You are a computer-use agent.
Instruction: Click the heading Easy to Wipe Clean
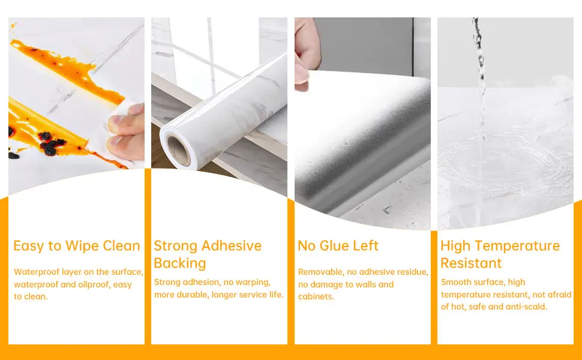pyautogui.click(x=76, y=246)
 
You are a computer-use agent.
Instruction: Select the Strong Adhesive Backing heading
pyautogui.click(x=208, y=254)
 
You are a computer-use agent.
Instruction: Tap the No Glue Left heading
pyautogui.click(x=338, y=245)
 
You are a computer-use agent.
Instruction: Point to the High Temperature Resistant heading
pyautogui.click(x=500, y=254)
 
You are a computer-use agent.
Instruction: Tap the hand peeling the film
pyautogui.click(x=307, y=53)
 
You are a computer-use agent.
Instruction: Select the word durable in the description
pyautogui.click(x=190, y=295)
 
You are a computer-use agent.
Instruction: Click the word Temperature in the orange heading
pyautogui.click(x=517, y=246)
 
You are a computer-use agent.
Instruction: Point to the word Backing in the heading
pyautogui.click(x=180, y=263)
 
